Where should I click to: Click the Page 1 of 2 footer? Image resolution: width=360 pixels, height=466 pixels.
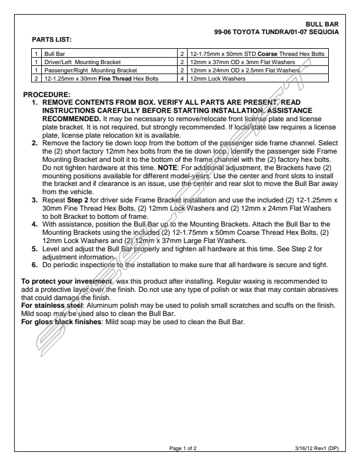(183, 449)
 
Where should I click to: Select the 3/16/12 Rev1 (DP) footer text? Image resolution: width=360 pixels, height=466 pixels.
(317, 449)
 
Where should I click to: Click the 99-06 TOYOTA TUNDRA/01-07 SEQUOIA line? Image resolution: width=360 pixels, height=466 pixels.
(278, 31)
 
